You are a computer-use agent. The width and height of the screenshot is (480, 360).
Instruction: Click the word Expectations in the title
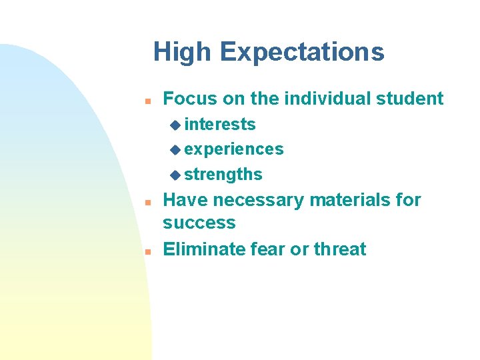click(302, 53)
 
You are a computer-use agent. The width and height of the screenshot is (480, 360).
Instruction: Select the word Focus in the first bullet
click(191, 99)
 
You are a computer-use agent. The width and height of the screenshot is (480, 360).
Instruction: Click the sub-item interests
click(220, 125)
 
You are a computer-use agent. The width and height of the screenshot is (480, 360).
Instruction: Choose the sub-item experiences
click(234, 149)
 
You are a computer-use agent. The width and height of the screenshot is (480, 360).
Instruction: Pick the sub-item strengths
click(223, 175)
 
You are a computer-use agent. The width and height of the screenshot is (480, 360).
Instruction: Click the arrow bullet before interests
click(175, 125)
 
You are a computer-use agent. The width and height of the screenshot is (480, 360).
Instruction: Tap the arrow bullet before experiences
click(175, 149)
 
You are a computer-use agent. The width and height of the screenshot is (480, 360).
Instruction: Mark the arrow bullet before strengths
click(175, 175)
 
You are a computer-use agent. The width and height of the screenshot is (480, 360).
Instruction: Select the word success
click(199, 223)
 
